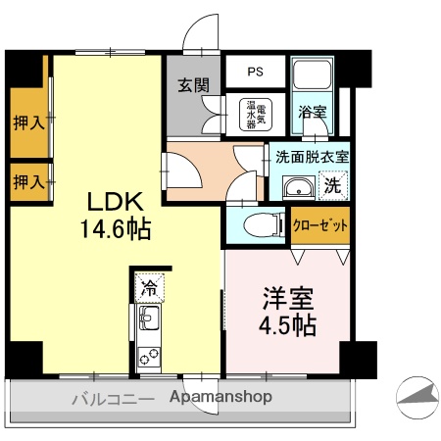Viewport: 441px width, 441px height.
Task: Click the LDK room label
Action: pyautogui.click(x=117, y=203)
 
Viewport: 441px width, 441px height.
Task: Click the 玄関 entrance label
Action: pyautogui.click(x=193, y=85)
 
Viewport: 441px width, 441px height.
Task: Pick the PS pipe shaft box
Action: pyautogui.click(x=255, y=71)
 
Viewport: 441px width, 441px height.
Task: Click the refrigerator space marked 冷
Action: pyautogui.click(x=149, y=287)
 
